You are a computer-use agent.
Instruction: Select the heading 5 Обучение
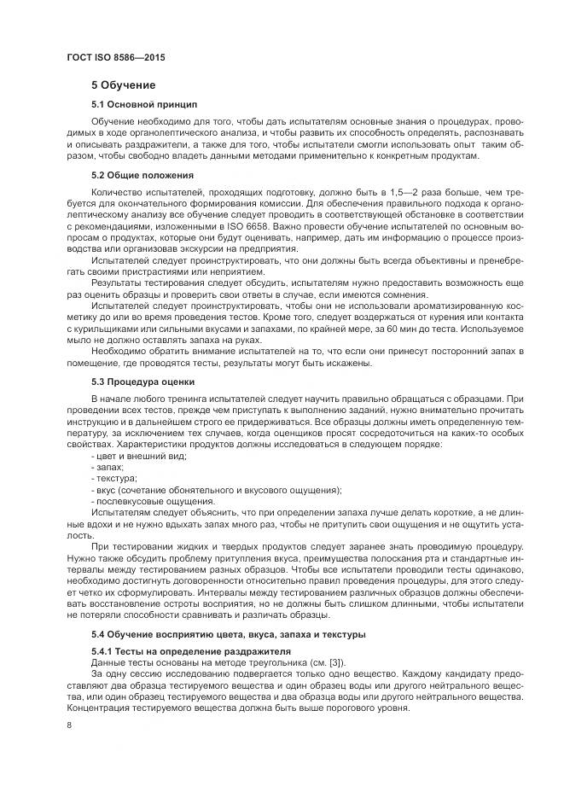(x=124, y=85)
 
